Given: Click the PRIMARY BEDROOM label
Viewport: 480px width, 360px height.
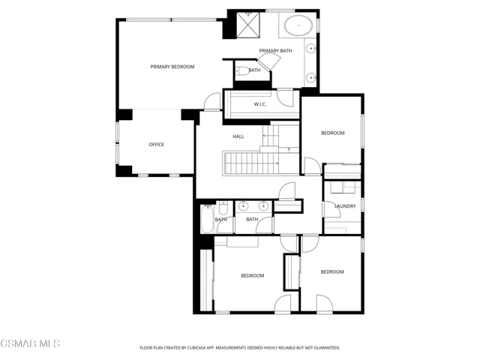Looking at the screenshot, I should (172, 67).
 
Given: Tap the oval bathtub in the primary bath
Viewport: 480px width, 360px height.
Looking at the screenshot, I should (298, 25).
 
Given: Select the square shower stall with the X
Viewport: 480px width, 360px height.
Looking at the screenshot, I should (247, 25).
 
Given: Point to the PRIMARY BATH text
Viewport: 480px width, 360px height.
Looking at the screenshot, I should (276, 51).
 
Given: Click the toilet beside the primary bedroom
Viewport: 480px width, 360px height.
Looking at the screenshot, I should (242, 71).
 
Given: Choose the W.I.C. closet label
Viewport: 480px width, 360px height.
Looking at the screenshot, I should (260, 104).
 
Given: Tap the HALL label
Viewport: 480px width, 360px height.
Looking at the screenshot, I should (238, 136).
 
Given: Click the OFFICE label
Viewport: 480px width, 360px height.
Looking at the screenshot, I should (156, 145).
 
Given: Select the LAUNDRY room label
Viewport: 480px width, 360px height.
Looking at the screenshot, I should (345, 205).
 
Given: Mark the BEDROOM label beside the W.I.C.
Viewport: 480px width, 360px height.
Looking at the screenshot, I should (332, 133).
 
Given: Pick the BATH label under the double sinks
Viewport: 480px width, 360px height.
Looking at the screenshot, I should (252, 220).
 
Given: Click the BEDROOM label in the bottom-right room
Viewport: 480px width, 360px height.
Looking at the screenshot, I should (332, 271).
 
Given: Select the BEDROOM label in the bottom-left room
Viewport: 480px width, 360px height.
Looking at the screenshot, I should (252, 275).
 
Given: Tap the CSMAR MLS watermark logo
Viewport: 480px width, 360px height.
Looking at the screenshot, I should (30, 343).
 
